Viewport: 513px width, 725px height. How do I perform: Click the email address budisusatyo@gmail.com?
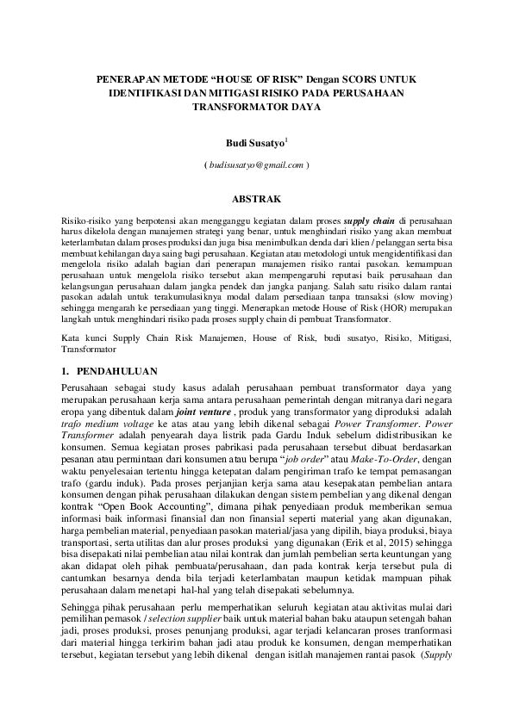pyautogui.click(x=256, y=164)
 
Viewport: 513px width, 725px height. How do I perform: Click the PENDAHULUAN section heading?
pyautogui.click(x=116, y=372)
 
